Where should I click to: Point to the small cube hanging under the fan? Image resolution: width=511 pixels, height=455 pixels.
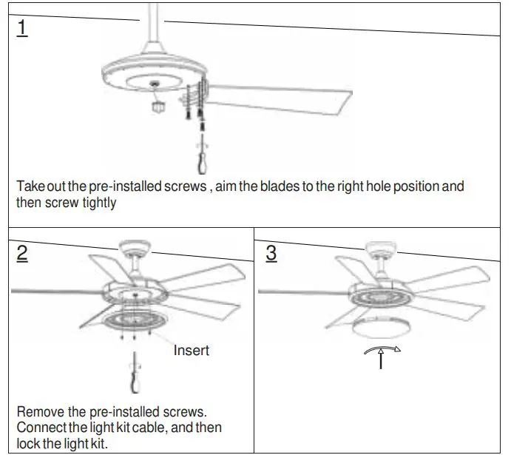156,107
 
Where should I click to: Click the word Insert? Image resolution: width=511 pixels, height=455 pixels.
192,350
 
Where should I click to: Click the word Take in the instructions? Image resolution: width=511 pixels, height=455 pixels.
30,186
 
